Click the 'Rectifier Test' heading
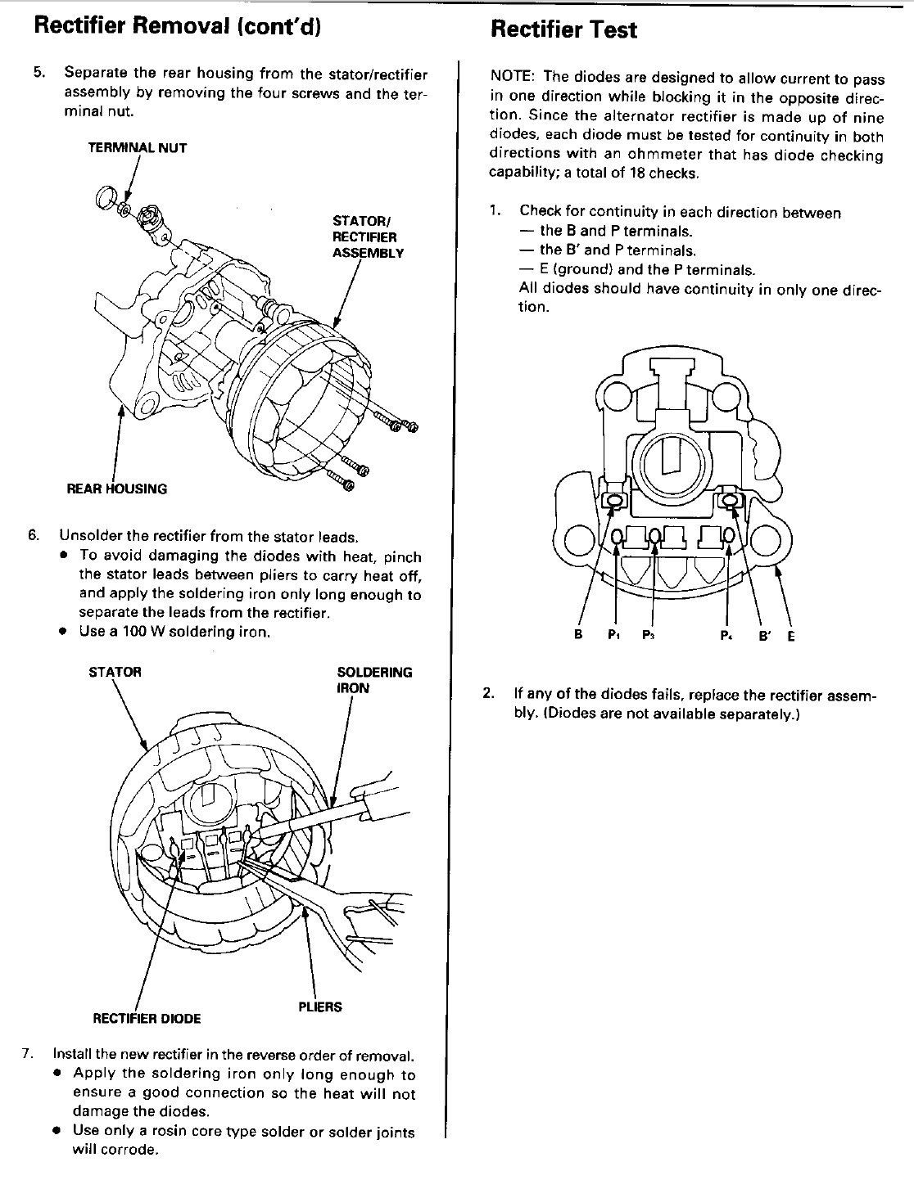click(563, 30)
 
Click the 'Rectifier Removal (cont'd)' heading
click(176, 26)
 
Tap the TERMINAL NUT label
click(138, 148)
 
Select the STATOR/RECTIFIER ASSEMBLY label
click(368, 236)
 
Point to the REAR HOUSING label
click(116, 489)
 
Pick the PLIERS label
click(320, 1007)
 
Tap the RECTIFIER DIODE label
click(147, 1018)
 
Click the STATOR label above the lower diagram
click(115, 672)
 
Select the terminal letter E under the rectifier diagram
click(790, 635)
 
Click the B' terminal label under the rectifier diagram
click(766, 635)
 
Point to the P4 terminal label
click(725, 636)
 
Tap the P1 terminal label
click(613, 636)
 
